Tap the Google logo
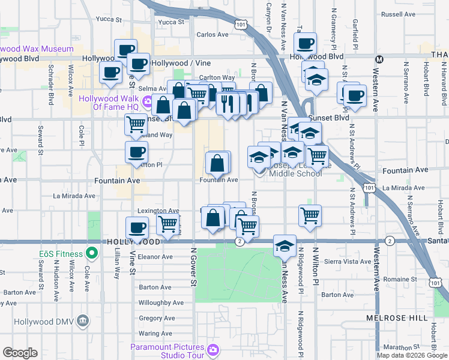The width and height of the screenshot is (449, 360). (20, 353)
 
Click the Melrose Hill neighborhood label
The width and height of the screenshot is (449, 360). (397, 316)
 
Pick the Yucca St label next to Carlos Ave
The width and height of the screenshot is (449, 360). (171, 22)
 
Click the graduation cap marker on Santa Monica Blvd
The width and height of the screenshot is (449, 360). (285, 245)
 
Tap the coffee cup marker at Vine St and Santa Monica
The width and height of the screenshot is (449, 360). (137, 228)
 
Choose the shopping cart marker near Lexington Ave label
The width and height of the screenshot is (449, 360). (168, 224)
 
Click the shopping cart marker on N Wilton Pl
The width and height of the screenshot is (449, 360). (310, 215)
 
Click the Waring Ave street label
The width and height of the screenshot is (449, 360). (155, 334)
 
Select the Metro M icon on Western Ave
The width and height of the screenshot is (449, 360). (379, 59)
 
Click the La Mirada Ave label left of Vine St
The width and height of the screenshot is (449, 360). (74, 196)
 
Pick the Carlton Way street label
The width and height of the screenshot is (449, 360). (217, 77)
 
